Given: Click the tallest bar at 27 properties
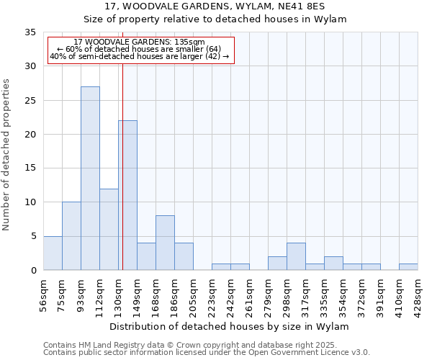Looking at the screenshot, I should click(90, 179).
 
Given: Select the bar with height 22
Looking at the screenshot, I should click(127, 195).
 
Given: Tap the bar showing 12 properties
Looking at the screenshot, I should click(109, 230).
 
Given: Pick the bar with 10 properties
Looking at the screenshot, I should click(71, 236).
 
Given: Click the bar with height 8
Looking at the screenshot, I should click(165, 243).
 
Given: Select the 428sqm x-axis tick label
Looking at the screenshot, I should click(418, 293).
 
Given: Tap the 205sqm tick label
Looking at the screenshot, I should click(194, 293).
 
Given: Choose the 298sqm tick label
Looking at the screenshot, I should click(287, 293).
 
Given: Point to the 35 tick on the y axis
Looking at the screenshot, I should click(30, 32).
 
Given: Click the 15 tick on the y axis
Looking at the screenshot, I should click(30, 168).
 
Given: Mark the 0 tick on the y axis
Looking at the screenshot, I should click(33, 271).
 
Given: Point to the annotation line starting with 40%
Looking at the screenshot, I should click(140, 56).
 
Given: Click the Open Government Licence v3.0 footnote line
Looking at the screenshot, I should click(207, 352).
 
